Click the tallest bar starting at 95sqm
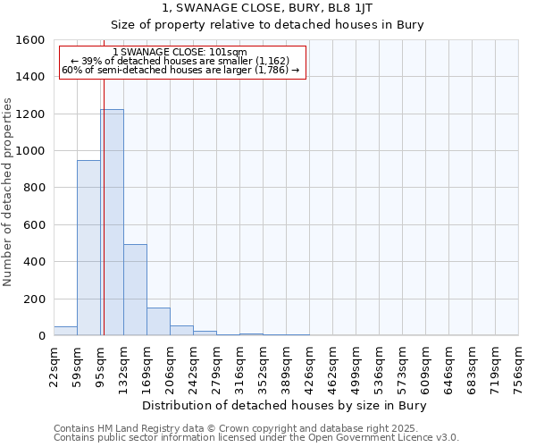point(112,223)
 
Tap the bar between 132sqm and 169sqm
point(135,290)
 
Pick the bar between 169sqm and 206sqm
point(158,322)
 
